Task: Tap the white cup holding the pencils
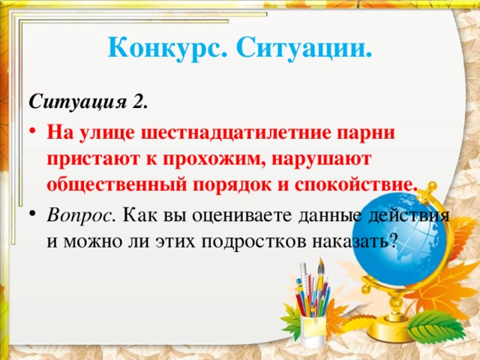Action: coord(312,327)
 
